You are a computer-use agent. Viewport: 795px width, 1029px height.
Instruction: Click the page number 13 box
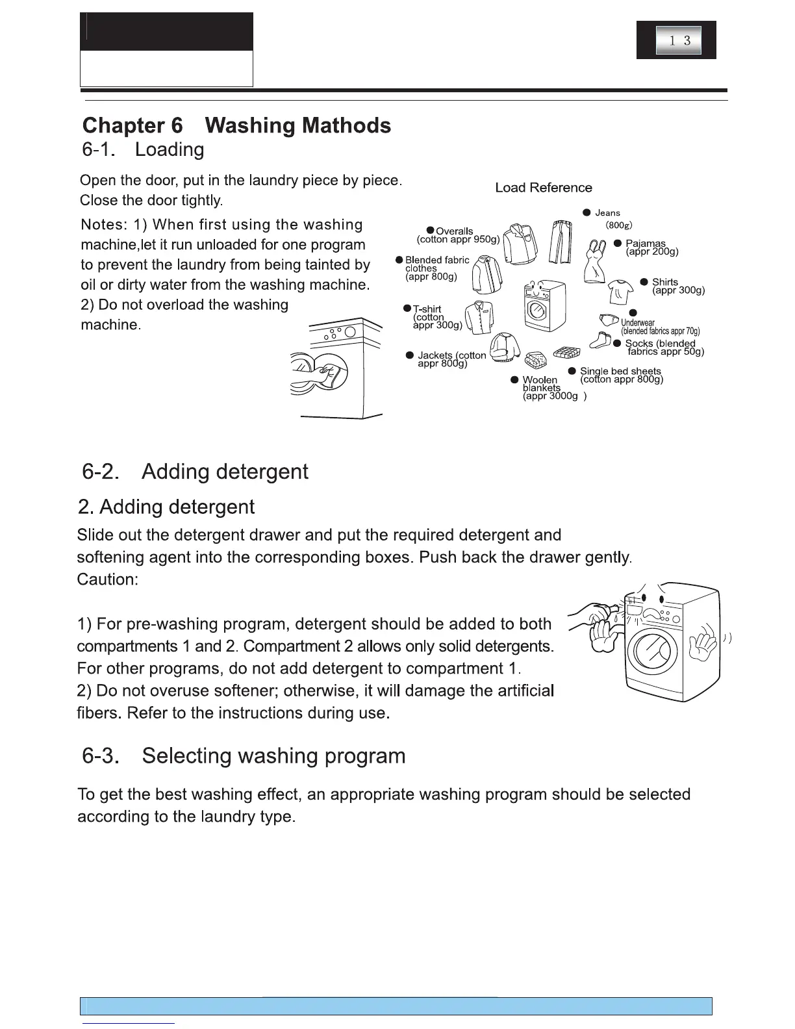pos(678,40)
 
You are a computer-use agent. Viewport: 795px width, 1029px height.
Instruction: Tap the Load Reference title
pos(544,188)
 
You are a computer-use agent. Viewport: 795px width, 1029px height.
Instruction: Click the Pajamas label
pos(646,244)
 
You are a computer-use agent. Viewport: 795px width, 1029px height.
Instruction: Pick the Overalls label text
pos(455,231)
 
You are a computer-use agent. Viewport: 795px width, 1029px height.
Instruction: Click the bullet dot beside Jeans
pos(587,212)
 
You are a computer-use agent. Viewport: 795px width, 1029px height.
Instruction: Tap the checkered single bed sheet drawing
pos(566,353)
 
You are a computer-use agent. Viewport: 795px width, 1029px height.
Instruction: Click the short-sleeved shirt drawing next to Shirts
pos(620,290)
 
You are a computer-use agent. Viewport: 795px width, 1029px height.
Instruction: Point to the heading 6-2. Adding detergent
pos(195,472)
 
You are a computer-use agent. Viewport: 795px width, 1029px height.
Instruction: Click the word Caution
pos(107,579)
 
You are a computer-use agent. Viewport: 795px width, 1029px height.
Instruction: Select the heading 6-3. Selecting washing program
pos(244,756)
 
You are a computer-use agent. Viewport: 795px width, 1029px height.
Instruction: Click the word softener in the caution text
pos(247,691)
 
